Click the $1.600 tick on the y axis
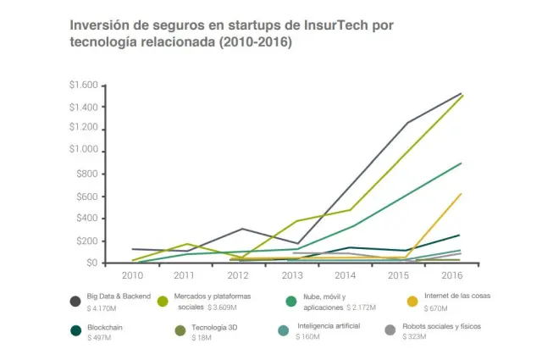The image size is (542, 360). click(x=83, y=86)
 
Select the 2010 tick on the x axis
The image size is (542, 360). click(x=132, y=276)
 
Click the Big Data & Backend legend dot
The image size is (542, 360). click(x=75, y=301)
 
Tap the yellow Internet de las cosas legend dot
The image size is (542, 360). click(x=412, y=301)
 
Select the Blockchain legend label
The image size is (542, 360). click(x=105, y=327)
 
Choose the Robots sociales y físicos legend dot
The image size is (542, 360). click(x=390, y=330)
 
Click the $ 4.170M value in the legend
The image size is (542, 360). click(x=104, y=309)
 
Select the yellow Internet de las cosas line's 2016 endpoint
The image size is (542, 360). click(x=461, y=194)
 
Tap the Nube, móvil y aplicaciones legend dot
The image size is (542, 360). click(x=290, y=301)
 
